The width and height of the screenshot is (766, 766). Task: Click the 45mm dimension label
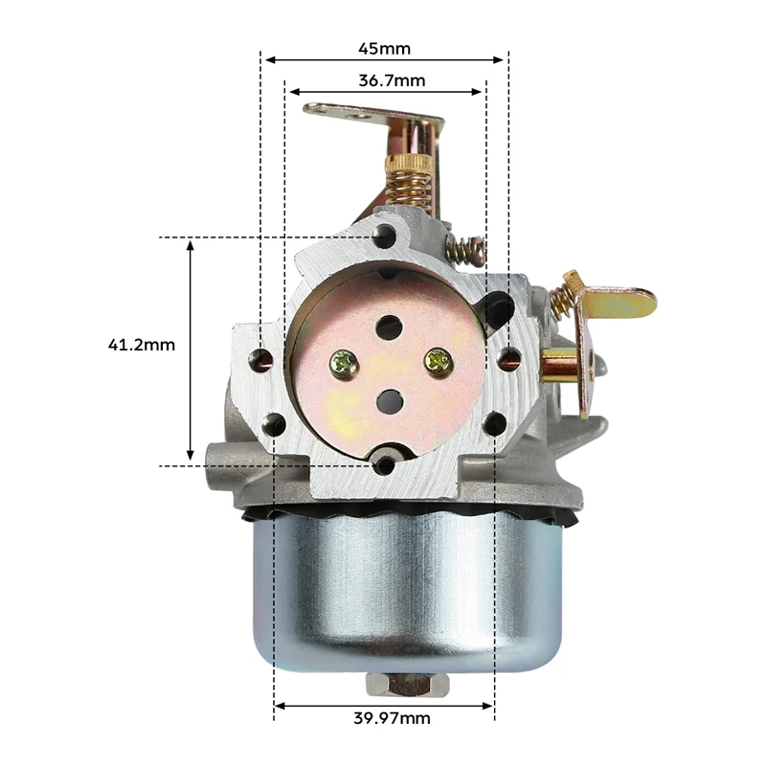(x=385, y=49)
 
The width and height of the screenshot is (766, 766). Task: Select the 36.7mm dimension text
(x=392, y=80)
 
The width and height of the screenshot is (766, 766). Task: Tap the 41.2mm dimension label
(x=141, y=345)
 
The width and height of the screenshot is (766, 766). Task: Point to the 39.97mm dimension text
(x=392, y=718)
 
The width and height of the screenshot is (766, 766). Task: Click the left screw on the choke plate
(x=344, y=365)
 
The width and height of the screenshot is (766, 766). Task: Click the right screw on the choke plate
(x=439, y=362)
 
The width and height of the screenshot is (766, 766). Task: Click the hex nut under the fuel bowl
(x=406, y=685)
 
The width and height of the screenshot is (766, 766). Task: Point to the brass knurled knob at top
(x=409, y=164)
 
